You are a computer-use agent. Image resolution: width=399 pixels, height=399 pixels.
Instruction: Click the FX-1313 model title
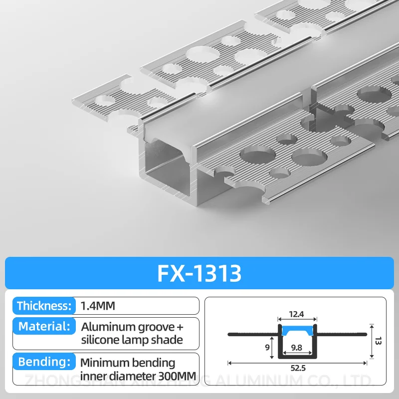pyautogui.click(x=199, y=273)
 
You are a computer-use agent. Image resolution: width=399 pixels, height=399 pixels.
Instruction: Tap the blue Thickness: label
pyautogui.click(x=45, y=306)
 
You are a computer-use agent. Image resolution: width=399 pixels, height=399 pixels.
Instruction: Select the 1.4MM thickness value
pyautogui.click(x=98, y=306)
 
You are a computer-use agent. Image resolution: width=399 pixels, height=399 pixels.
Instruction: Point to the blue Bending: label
pyautogui.click(x=43, y=362)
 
